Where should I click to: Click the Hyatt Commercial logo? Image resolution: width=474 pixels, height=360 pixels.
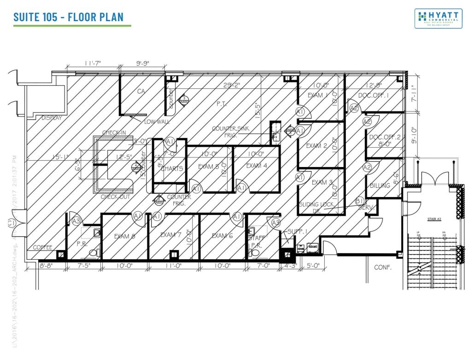438,18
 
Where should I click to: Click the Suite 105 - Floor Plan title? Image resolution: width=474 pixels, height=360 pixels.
69,17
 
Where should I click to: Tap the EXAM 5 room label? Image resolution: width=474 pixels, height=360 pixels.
209,167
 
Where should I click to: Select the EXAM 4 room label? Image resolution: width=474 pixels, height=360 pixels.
257,166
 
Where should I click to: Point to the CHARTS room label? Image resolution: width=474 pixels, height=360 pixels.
172,168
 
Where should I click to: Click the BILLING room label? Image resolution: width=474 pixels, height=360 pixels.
380,186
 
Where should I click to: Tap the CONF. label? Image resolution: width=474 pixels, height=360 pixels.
382,267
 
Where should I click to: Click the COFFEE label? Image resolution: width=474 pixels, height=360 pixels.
43,247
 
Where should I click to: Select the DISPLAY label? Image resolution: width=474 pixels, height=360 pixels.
51,118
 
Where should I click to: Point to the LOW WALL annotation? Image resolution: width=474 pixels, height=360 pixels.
157,122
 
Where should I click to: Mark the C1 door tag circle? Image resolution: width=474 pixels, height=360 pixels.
12,223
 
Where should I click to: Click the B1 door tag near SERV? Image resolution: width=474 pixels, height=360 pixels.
360,201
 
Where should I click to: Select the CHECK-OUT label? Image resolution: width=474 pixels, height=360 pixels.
113,197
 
